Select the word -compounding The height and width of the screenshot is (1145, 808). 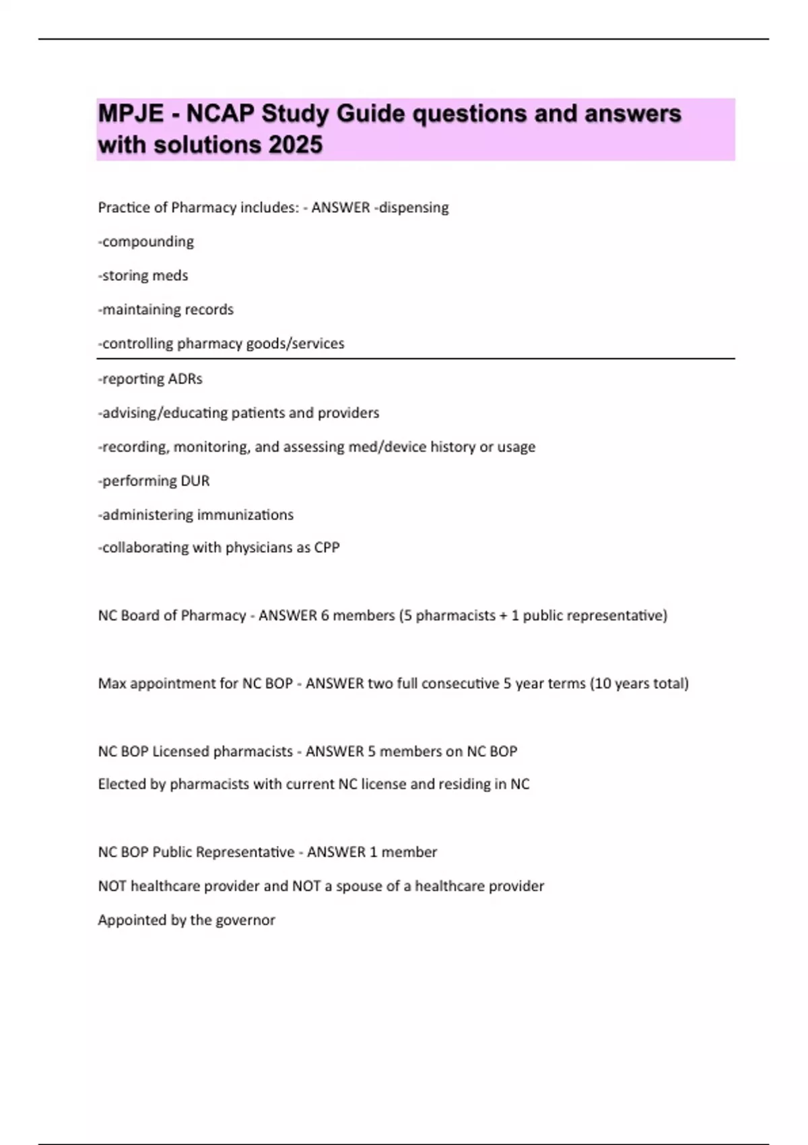click(146, 242)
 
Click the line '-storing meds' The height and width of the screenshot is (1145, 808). click(143, 275)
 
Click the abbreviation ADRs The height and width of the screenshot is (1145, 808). click(186, 379)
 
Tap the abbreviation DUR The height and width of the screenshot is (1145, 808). click(195, 481)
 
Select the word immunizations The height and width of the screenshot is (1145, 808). click(252, 515)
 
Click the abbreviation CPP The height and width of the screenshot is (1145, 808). click(327, 548)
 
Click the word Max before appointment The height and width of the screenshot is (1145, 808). click(112, 684)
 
